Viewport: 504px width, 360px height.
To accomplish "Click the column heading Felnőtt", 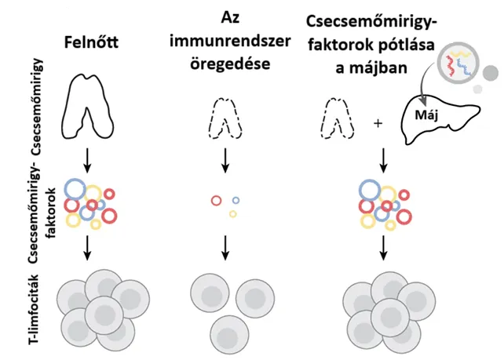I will click(x=93, y=38).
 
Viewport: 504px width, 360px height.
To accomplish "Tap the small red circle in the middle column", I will click(x=217, y=201).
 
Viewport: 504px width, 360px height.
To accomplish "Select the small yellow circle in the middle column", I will click(x=233, y=213).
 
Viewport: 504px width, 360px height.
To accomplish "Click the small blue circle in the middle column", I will click(x=236, y=200).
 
